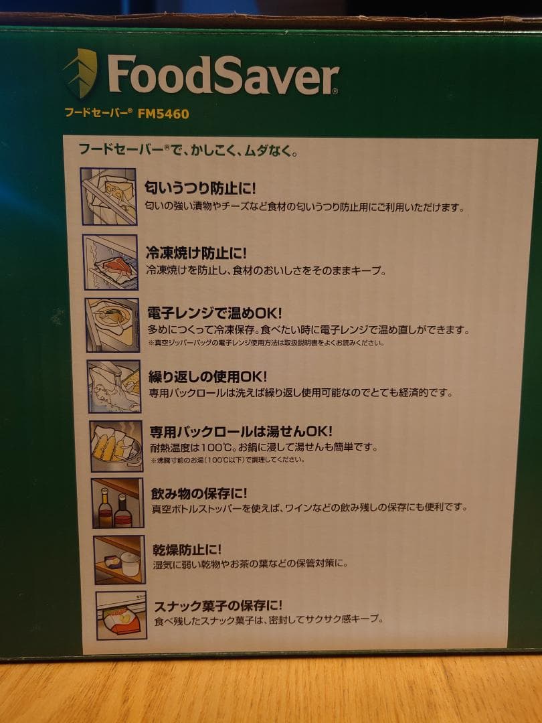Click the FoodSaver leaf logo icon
coord(81,73)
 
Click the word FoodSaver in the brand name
coord(223,74)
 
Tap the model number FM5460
coord(163,114)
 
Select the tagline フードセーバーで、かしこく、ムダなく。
coord(187,149)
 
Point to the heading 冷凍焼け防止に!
coord(197,253)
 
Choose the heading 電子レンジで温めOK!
coord(215,313)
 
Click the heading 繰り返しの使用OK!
coord(207,376)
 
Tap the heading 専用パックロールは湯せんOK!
coord(240,432)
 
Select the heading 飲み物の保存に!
coord(198,493)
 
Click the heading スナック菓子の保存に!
coord(218,605)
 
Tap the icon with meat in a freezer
coord(110,262)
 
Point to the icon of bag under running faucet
coord(114,386)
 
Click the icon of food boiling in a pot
coord(116,446)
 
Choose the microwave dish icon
coord(112,325)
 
